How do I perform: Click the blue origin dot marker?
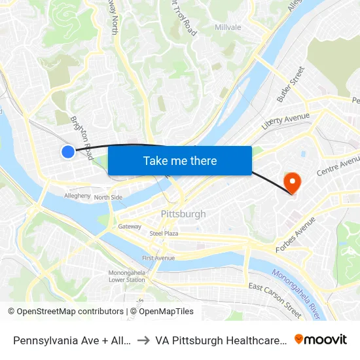click(68, 152)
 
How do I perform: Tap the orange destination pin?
click(289, 180)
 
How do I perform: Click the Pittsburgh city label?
click(183, 214)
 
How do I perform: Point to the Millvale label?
click(228, 27)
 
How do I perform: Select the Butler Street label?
click(291, 84)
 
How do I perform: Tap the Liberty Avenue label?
click(285, 120)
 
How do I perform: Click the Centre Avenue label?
click(338, 166)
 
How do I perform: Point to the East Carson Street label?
click(275, 300)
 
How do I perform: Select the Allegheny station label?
click(77, 196)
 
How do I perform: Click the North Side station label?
click(108, 197)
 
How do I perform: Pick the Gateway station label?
click(130, 226)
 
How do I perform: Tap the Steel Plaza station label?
click(164, 233)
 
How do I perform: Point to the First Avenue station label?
click(158, 258)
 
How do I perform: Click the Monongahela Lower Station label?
click(126, 276)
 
